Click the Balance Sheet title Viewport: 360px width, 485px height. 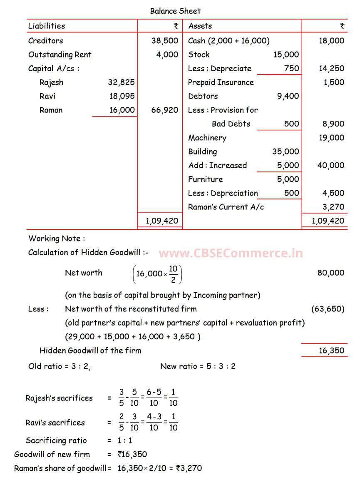(175, 11)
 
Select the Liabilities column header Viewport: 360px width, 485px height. (47, 26)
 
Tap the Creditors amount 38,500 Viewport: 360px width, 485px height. (164, 41)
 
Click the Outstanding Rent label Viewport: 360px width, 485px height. (60, 55)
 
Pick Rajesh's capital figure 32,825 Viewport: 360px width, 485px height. (121, 82)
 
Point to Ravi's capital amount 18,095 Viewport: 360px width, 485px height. (122, 96)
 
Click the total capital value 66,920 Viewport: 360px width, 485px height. (164, 110)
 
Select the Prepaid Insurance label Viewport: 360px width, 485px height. (221, 82)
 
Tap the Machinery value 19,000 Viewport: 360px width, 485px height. (331, 138)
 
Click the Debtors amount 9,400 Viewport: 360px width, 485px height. (288, 96)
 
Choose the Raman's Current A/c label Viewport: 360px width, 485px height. (226, 207)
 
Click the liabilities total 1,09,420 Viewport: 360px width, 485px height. (162, 221)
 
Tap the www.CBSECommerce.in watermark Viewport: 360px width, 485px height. (231, 253)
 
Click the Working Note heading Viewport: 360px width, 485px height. (57, 239)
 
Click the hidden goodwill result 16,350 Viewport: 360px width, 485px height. (331, 351)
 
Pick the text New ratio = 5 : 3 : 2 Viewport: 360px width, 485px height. (198, 366)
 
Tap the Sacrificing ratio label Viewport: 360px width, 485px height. (56, 440)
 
